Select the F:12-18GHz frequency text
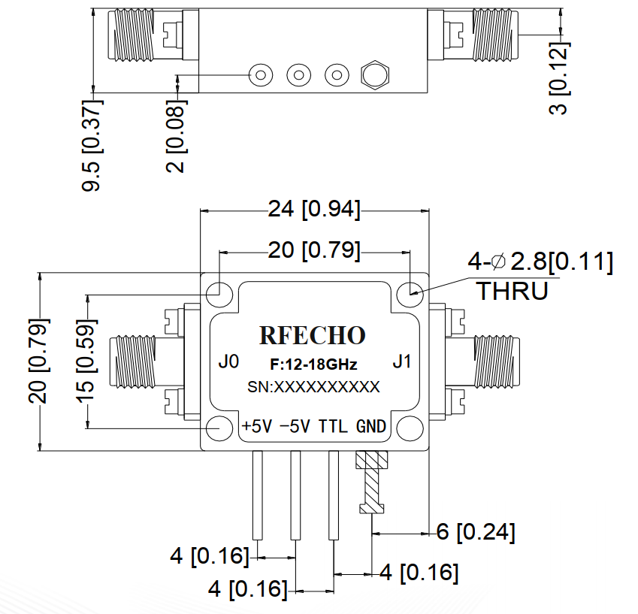[x=313, y=365]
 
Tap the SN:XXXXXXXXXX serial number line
[x=313, y=388]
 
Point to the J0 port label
[x=228, y=362]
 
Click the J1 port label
[x=402, y=362]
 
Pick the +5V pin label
[x=256, y=427]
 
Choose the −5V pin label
[x=295, y=427]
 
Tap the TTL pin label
[x=333, y=427]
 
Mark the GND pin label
[x=371, y=427]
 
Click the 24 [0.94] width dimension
[x=314, y=210]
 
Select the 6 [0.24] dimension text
[x=476, y=533]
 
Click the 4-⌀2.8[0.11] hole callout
[x=540, y=262]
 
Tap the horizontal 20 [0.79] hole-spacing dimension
[x=314, y=250]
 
